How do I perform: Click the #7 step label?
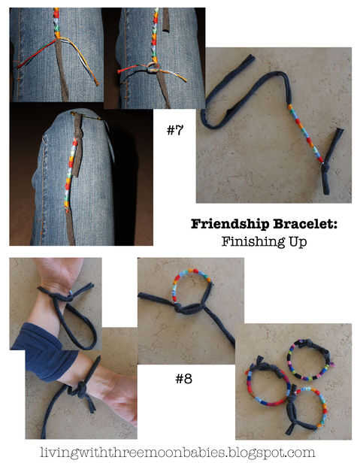point(175,130)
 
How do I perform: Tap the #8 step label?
point(183,379)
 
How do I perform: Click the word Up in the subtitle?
point(298,242)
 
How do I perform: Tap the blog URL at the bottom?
point(177,452)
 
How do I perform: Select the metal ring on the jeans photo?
point(153,68)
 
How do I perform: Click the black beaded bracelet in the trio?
point(309,359)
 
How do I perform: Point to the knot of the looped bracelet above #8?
point(180,308)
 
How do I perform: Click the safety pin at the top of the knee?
point(86,115)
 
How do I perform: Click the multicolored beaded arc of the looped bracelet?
point(190,278)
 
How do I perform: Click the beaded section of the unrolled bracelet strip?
point(305,133)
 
